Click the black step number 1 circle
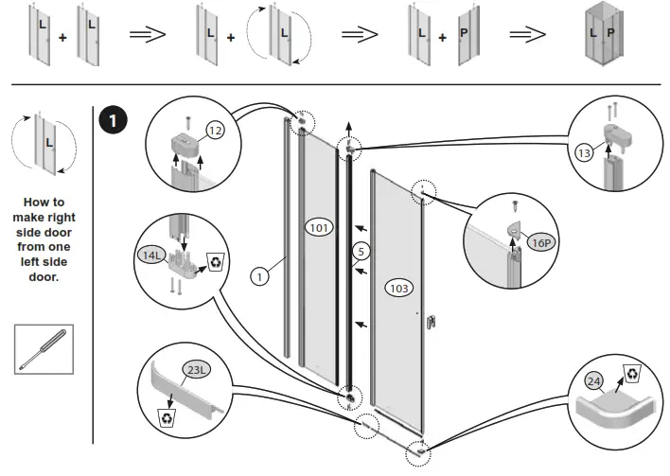[x=115, y=121]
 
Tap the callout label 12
[x=216, y=132]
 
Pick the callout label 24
[x=593, y=382]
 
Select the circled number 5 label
[x=360, y=252]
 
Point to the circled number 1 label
[x=258, y=276]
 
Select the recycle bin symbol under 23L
[x=167, y=417]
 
